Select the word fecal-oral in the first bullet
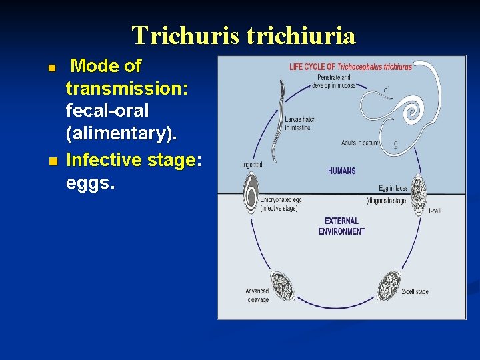[x=107, y=109]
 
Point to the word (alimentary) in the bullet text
[x=121, y=133]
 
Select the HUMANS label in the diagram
[x=341, y=171]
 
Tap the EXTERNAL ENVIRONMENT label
[x=341, y=226]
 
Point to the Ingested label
[x=253, y=164]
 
